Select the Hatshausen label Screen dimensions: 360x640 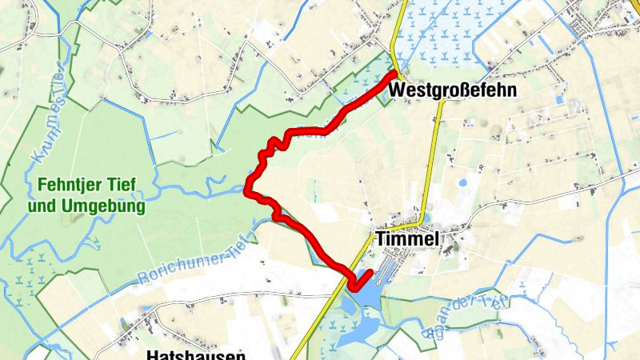[196, 354]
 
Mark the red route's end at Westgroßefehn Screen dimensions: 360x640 [394, 74]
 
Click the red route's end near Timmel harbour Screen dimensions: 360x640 [370, 273]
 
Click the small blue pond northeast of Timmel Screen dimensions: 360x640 [462, 182]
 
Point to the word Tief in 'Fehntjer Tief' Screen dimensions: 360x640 [120, 186]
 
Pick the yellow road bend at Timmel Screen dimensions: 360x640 [422, 219]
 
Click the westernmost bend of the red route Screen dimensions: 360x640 [249, 190]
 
